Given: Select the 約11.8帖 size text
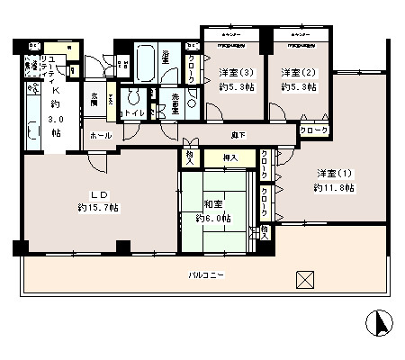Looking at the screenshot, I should [333, 188].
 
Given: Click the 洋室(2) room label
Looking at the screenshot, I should [295, 72].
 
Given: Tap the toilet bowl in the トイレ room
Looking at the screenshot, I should [133, 101].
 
